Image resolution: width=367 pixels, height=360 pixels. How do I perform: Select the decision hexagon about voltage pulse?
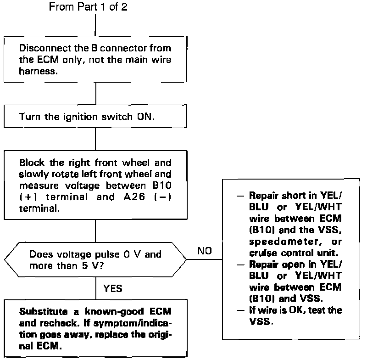95,259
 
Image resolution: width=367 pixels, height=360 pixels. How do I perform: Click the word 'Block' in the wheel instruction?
30,163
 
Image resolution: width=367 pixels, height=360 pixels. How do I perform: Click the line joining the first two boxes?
95,94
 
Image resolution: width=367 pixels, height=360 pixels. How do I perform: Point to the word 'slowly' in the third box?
33,174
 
